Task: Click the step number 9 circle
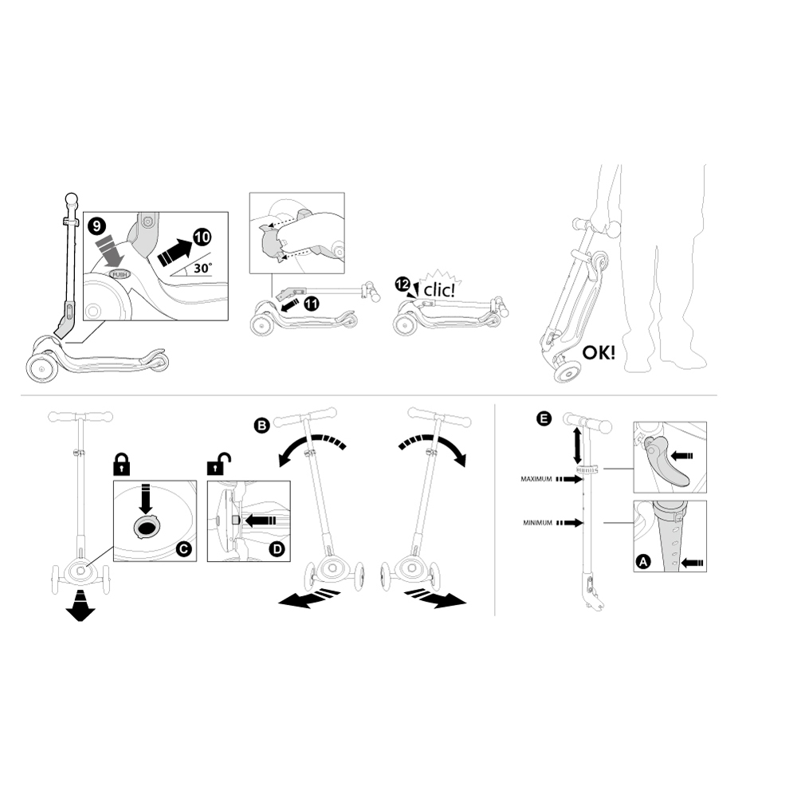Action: [97, 226]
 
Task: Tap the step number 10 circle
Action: [202, 238]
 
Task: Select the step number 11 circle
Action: [311, 304]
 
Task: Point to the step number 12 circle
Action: [402, 285]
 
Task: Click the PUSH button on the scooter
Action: [120, 274]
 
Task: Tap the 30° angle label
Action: [202, 267]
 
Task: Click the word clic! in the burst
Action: [439, 290]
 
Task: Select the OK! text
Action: [599, 352]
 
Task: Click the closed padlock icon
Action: [120, 464]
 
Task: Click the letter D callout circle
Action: [277, 549]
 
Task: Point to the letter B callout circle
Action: [261, 425]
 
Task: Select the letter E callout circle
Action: [544, 419]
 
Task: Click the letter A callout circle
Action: [643, 562]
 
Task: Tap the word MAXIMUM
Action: [536, 479]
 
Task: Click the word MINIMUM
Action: [538, 523]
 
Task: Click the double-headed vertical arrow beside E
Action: [577, 445]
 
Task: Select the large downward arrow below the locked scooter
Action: [80, 607]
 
